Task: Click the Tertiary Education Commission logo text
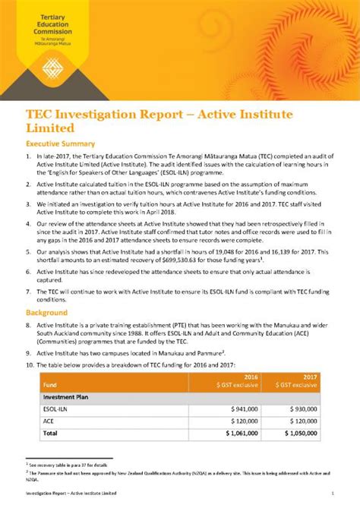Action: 50,26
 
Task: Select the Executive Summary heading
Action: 60,144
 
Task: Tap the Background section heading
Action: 46,313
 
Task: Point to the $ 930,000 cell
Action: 302,409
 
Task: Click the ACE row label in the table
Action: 49,421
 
